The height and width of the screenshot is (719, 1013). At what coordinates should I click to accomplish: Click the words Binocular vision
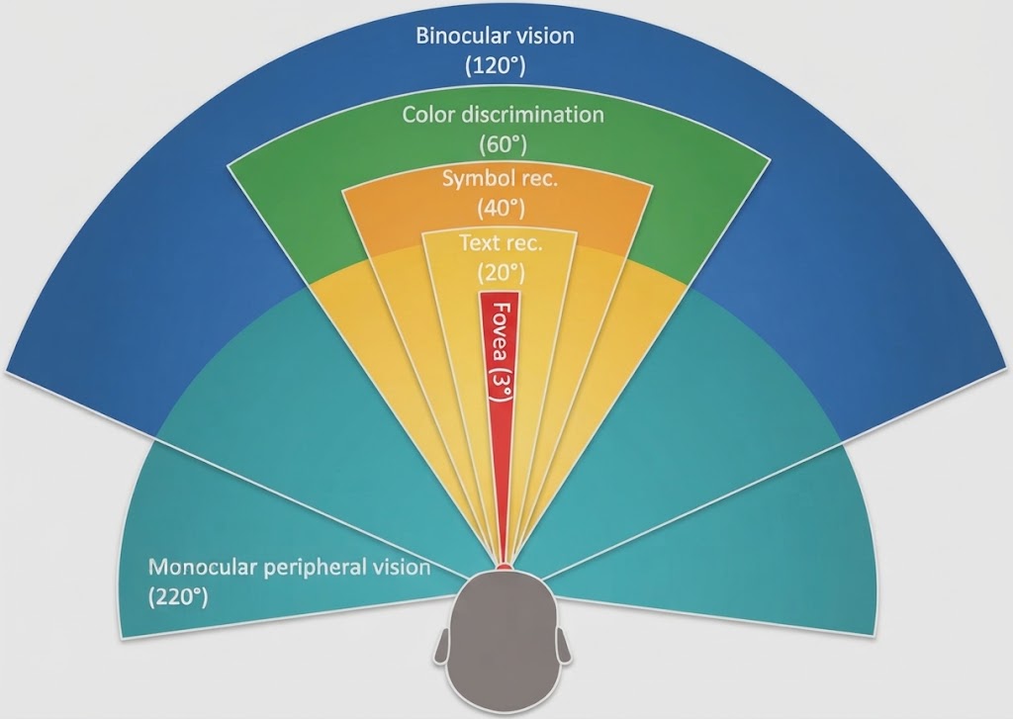[495, 35]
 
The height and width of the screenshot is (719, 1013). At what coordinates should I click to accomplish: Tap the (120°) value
[496, 66]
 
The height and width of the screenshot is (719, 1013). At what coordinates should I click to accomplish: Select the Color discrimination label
[503, 115]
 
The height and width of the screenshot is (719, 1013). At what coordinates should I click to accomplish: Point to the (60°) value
[503, 144]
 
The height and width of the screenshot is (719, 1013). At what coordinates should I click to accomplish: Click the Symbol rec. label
[500, 178]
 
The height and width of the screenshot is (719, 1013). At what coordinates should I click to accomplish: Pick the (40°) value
[501, 208]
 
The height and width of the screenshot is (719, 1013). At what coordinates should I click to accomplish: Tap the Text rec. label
[501, 243]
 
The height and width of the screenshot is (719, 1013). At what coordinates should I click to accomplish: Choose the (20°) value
[502, 273]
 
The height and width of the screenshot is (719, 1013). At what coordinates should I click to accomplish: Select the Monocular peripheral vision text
[290, 568]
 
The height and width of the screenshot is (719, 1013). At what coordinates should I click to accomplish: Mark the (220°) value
[178, 597]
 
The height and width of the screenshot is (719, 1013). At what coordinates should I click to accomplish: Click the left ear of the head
[442, 646]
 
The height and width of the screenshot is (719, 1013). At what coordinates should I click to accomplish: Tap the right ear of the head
[563, 646]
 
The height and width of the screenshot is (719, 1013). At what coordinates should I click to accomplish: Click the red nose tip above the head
[504, 567]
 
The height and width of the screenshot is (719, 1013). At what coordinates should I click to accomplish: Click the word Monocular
[204, 567]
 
